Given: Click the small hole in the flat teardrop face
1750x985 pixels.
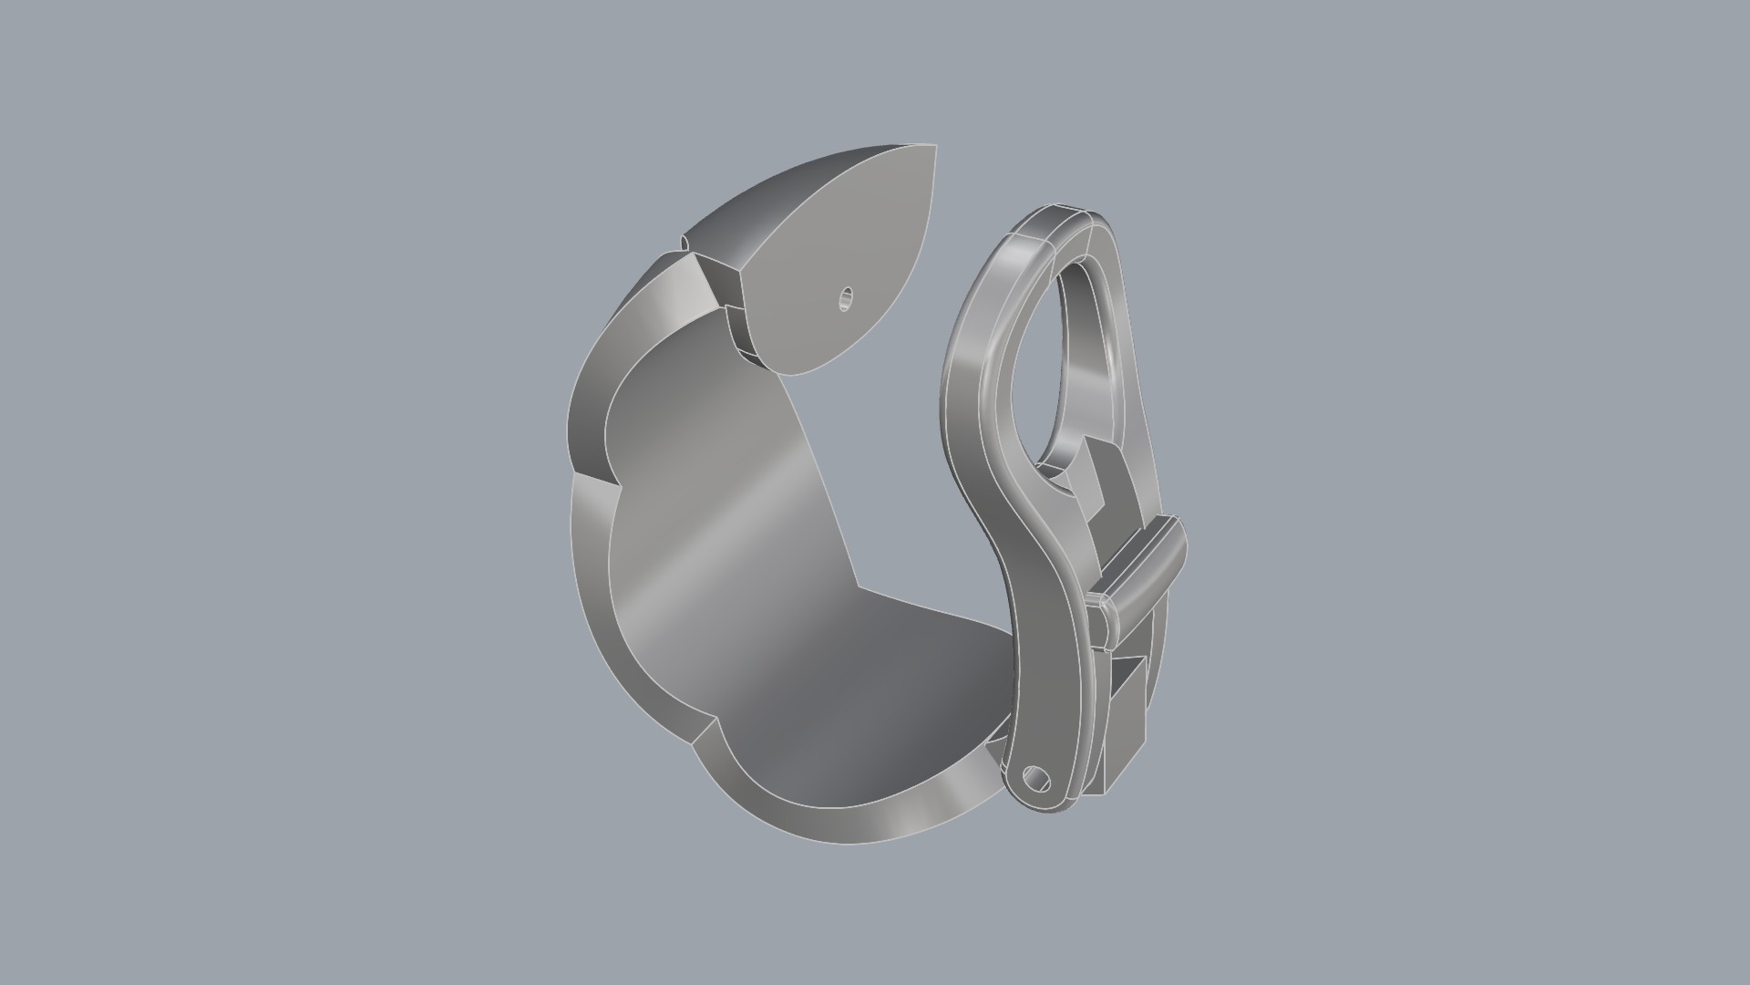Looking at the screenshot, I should click(x=846, y=298).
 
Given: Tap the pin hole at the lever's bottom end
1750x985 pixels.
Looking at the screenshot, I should click(x=1036, y=781).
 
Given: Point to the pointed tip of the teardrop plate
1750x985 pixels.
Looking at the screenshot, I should click(x=933, y=148).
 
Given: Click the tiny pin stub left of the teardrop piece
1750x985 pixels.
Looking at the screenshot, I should click(x=684, y=243).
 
